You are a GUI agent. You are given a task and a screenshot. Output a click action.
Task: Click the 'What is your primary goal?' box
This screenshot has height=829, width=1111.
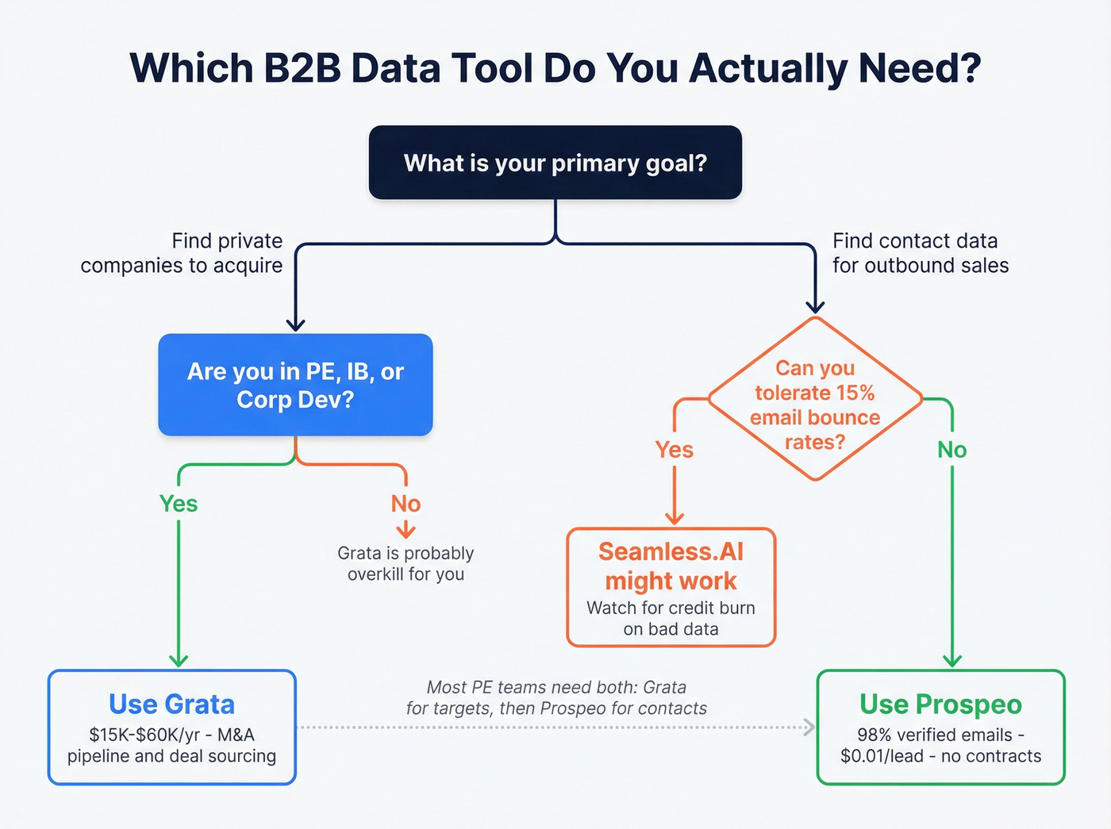coord(555,163)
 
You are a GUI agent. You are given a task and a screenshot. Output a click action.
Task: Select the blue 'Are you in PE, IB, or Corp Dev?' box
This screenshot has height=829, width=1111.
coord(295,385)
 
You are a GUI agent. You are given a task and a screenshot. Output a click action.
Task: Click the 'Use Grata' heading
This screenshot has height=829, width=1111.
coord(171,704)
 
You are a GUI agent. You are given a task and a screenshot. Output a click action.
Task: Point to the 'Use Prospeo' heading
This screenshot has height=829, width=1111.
coord(940,704)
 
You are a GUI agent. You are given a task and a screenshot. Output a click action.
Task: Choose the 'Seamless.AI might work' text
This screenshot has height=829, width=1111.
coord(671,566)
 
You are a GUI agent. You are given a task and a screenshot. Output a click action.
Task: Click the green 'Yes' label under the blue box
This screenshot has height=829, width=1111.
coord(179,504)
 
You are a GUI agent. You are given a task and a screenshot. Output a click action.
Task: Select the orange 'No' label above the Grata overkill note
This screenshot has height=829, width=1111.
coord(406,504)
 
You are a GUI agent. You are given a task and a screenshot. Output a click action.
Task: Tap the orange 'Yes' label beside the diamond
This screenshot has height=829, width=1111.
coord(674,450)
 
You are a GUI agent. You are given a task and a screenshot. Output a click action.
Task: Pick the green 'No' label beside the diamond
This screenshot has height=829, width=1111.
coord(951,450)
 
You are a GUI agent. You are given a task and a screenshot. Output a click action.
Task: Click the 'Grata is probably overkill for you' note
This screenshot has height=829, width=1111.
coord(406,563)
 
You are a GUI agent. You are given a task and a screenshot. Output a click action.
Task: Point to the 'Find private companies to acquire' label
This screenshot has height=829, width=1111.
coord(182,253)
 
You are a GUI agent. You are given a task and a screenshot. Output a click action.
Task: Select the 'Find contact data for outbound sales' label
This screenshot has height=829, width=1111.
coord(921,253)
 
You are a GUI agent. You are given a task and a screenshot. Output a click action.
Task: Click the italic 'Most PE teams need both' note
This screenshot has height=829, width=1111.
coord(556,697)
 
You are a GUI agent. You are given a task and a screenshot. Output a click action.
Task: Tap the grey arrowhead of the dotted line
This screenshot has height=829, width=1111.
coord(809,727)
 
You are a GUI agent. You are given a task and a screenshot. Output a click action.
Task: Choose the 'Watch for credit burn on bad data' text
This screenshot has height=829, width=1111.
coord(671,618)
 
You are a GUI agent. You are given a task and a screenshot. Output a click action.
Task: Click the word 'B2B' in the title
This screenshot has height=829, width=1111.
coord(302,68)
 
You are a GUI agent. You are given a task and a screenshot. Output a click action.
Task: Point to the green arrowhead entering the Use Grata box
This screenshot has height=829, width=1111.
coord(179,660)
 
